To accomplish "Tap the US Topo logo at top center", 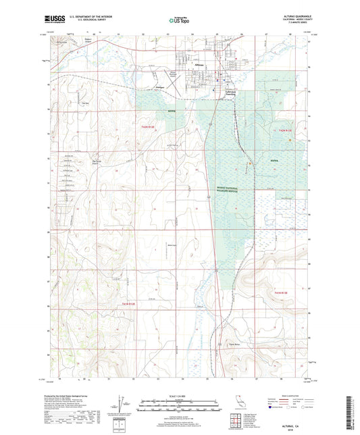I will point(179,21).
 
